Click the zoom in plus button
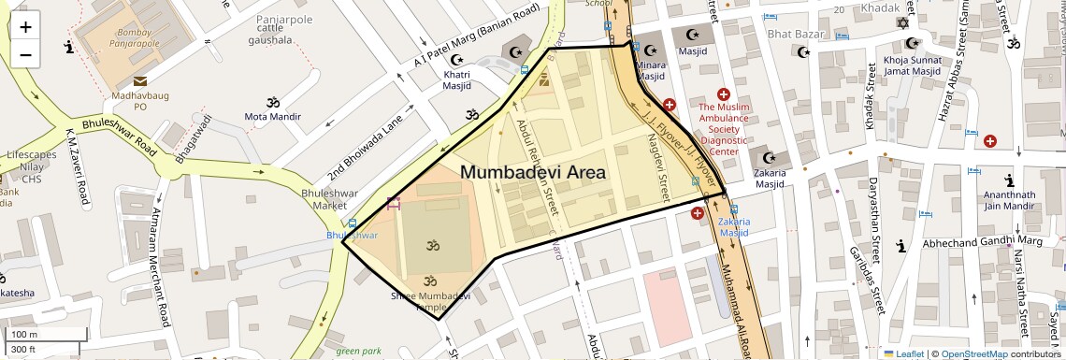(x=25, y=27)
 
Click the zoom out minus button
(x=25, y=54)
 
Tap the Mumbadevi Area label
(x=533, y=173)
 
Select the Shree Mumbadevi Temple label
(x=431, y=301)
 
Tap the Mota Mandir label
(x=273, y=117)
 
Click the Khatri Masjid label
(x=456, y=79)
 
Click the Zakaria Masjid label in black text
(x=770, y=178)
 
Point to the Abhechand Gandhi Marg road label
(x=982, y=243)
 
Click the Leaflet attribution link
(x=905, y=353)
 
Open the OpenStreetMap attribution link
(x=973, y=353)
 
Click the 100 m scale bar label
(x=25, y=335)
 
